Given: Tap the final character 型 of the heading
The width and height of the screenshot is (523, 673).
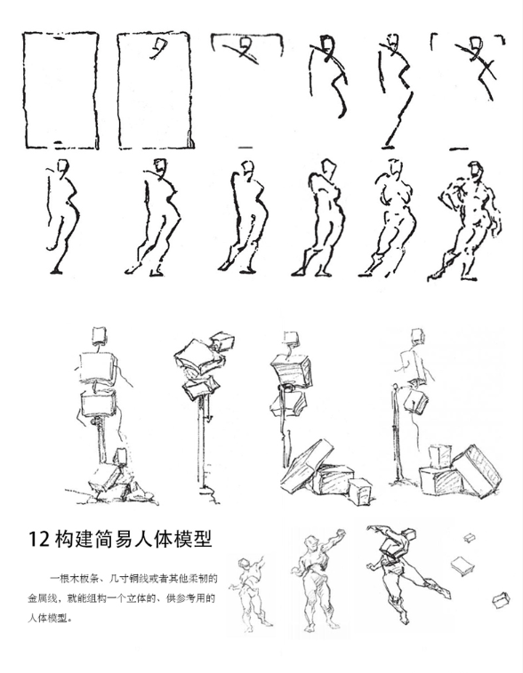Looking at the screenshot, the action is click(x=203, y=539).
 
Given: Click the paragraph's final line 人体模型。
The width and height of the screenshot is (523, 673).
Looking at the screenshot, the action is click(x=49, y=619).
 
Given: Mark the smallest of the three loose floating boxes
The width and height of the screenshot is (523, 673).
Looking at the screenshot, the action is click(x=469, y=537).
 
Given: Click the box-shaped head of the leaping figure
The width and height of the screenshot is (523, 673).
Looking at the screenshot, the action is click(x=408, y=535).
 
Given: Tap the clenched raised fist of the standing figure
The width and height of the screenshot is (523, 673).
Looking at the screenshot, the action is click(x=342, y=533).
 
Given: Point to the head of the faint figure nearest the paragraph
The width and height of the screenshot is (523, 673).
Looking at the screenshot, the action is click(x=245, y=564).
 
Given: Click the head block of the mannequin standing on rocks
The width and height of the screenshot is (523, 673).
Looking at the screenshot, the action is click(x=100, y=335).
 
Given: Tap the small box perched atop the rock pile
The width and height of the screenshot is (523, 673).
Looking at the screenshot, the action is click(x=121, y=457).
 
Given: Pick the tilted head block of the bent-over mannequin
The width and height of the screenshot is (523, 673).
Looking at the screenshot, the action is click(x=223, y=341).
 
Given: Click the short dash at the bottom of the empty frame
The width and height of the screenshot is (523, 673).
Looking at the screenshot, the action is click(x=59, y=141).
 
